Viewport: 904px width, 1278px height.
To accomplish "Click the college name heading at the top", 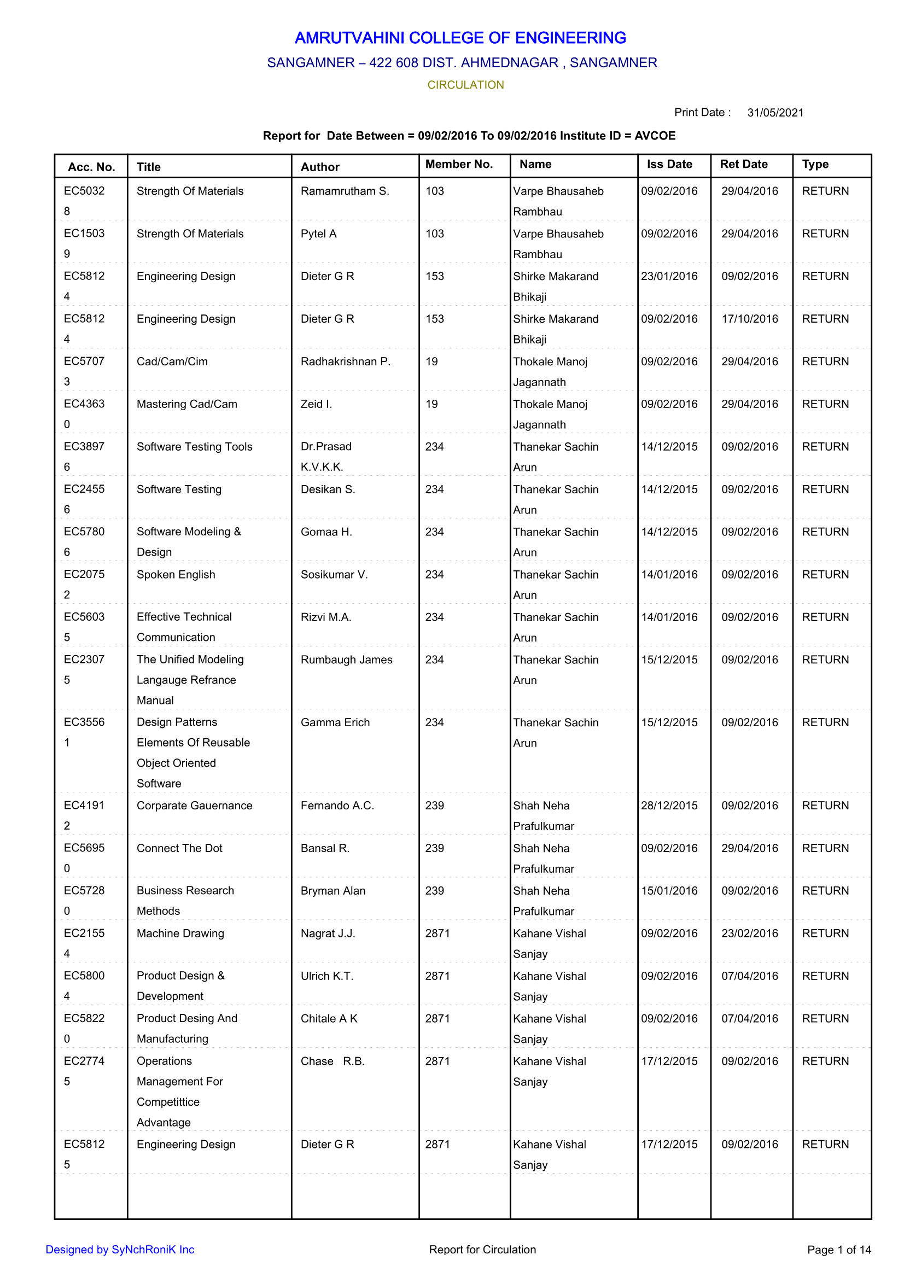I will point(460,38).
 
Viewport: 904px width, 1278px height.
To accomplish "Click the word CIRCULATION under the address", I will point(465,85).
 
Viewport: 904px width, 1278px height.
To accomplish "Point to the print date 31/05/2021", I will point(775,113).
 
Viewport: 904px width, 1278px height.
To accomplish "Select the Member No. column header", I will point(459,164).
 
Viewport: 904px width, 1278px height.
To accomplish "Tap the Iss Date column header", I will point(669,164).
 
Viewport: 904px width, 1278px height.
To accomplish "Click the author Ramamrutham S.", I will point(345,191).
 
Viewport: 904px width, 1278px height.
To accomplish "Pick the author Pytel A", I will point(318,234).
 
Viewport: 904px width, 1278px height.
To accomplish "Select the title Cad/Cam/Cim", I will point(172,362).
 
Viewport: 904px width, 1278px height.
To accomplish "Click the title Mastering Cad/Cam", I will point(186,404).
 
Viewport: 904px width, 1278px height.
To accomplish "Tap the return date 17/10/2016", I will point(749,319).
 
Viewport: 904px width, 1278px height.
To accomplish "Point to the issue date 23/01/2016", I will point(669,276).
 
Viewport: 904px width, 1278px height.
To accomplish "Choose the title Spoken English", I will point(176,574).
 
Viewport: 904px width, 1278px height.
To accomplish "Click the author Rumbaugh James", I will point(346,660).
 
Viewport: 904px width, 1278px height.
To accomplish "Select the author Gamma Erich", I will point(335,722).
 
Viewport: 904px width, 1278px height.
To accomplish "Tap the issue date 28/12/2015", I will point(669,806).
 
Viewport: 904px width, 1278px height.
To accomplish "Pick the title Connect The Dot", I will point(179,848).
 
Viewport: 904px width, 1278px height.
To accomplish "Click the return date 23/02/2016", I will point(749,933).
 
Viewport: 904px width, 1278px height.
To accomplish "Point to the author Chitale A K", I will point(329,1019).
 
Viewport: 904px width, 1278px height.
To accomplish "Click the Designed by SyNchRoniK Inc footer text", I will point(120,1250).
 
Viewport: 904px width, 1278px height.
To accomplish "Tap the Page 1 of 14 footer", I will point(838,1250).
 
